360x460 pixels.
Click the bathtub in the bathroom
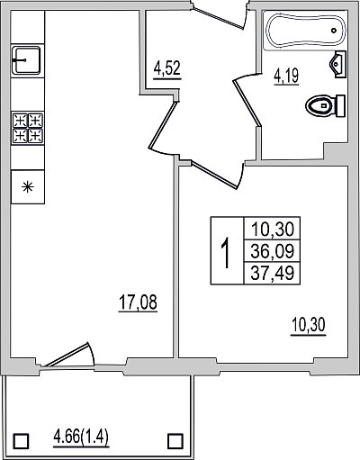(305, 31)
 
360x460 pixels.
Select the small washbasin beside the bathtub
(337, 64)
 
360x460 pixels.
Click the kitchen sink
(27, 60)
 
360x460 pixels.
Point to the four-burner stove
(28, 128)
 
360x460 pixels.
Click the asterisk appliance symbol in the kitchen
(28, 187)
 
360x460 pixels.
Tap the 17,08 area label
(138, 302)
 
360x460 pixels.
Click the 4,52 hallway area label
(167, 68)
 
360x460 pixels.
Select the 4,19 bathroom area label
(286, 76)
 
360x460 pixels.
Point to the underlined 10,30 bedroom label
(308, 325)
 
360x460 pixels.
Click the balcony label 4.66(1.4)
(81, 437)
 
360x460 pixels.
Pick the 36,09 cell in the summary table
(272, 251)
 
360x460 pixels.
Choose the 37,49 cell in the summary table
(272, 273)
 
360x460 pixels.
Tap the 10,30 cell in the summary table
(272, 229)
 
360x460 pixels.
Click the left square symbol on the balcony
(22, 441)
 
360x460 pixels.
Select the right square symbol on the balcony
(175, 441)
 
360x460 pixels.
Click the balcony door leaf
(67, 355)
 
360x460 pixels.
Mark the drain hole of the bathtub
(334, 31)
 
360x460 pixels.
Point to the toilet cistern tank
(340, 105)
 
